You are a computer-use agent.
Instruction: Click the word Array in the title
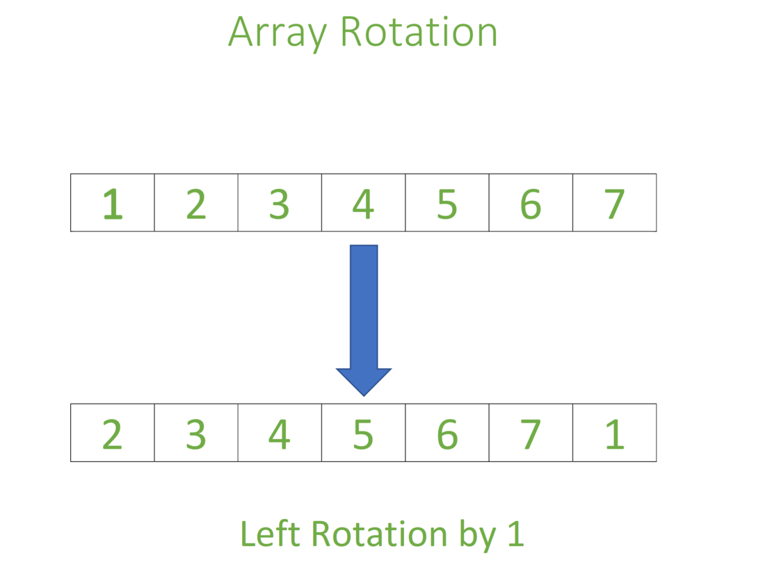(x=275, y=32)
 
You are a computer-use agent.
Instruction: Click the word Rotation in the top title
(x=419, y=32)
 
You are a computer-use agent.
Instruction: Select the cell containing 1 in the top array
(x=112, y=203)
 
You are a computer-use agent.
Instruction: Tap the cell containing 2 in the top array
(x=196, y=203)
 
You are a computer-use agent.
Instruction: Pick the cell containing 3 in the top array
(x=280, y=203)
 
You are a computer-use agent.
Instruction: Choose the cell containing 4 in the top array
(x=363, y=203)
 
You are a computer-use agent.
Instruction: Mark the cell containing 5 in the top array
(x=447, y=203)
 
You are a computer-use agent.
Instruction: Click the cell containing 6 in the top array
(x=531, y=203)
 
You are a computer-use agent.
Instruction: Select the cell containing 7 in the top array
(x=614, y=203)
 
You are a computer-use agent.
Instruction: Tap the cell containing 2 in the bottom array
(x=112, y=433)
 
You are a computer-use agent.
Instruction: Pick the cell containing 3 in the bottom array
(x=196, y=433)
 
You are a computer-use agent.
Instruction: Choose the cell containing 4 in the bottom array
(x=280, y=433)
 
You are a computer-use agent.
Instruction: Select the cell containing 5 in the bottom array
(x=363, y=433)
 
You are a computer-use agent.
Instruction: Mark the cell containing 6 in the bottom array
(x=447, y=433)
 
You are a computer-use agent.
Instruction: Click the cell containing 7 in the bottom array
(x=531, y=433)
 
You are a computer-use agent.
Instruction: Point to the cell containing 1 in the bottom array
(x=614, y=433)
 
